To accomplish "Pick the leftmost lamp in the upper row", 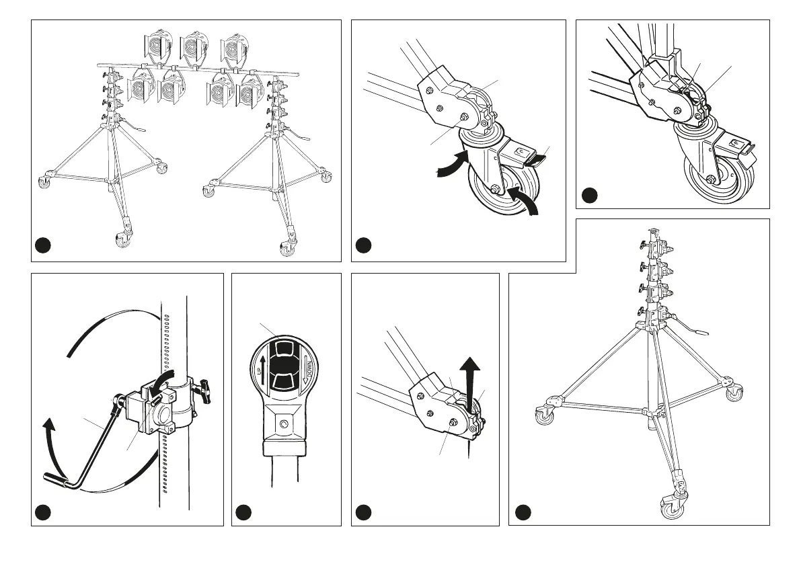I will tap(155, 46).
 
